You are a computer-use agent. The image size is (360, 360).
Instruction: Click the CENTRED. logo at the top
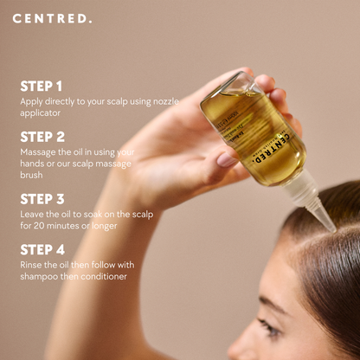click(52, 17)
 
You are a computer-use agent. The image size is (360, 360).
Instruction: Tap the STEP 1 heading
click(42, 86)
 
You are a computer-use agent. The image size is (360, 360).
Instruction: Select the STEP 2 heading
click(42, 137)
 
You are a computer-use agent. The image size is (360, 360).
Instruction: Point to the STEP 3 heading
click(42, 199)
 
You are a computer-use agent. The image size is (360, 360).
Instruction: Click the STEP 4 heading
click(42, 249)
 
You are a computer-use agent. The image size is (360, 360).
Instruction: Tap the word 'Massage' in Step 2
click(40, 151)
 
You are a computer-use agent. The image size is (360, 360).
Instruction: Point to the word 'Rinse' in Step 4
click(32, 264)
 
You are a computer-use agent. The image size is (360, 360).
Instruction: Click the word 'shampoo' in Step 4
click(40, 276)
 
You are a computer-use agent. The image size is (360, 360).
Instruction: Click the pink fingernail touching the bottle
click(227, 159)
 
